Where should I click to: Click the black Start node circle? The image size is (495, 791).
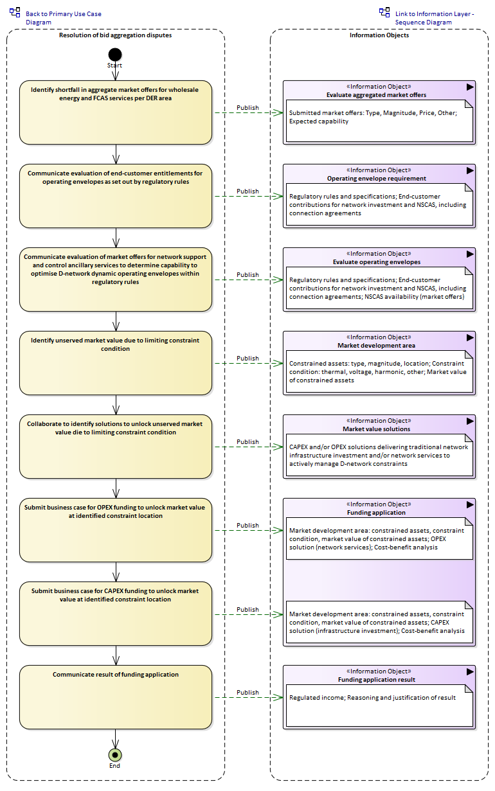click(x=115, y=55)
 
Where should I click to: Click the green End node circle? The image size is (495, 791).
click(x=115, y=755)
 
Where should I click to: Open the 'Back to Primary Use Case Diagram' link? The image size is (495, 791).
click(x=63, y=18)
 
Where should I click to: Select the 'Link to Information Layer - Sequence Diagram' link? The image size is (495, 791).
click(x=434, y=18)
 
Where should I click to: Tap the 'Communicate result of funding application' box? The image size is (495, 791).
click(x=116, y=697)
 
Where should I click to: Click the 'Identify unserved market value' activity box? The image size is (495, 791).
click(x=116, y=363)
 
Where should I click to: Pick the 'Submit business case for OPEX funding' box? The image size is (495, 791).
click(x=116, y=530)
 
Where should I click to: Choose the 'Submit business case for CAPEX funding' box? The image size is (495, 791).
click(x=116, y=614)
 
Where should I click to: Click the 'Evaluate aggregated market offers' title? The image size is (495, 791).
click(x=376, y=95)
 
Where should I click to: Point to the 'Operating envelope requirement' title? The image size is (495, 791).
click(x=376, y=179)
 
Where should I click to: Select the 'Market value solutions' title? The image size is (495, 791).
click(x=376, y=429)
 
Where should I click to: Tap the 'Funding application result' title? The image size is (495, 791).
click(x=376, y=680)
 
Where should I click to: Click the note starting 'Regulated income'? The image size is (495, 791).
click(x=379, y=706)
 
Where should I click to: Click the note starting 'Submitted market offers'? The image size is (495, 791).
click(x=379, y=121)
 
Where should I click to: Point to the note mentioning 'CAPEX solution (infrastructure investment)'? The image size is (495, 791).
click(x=379, y=622)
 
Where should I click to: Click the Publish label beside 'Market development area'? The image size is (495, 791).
click(x=248, y=359)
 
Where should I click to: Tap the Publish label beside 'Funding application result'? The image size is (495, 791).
click(x=248, y=693)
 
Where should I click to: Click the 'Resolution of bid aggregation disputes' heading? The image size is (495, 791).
click(x=115, y=35)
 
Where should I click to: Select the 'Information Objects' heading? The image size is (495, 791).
click(x=379, y=35)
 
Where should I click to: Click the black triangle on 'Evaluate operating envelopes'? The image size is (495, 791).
click(x=470, y=254)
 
